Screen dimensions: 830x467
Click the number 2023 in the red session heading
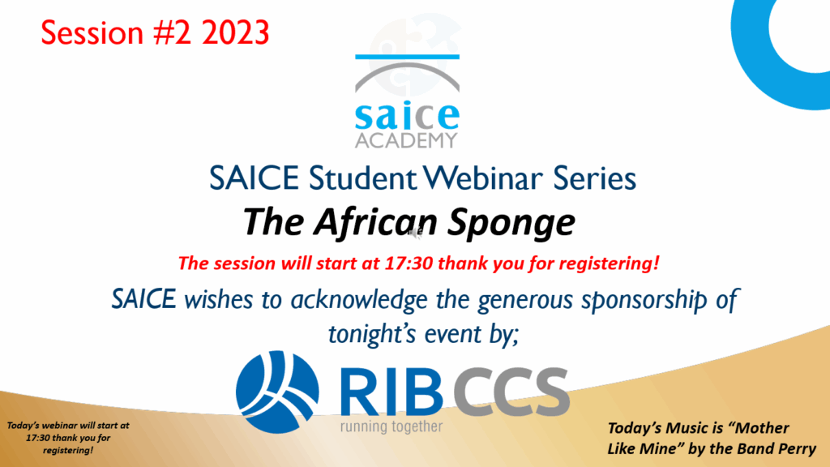(236, 32)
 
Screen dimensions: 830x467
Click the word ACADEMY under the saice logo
(406, 140)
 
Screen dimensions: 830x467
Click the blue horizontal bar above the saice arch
(407, 57)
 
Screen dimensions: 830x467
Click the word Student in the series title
(363, 178)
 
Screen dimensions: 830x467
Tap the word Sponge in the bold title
(511, 222)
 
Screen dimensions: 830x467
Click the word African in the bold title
(375, 221)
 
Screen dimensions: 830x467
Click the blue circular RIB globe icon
(277, 392)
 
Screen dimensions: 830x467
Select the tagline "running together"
(391, 426)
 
